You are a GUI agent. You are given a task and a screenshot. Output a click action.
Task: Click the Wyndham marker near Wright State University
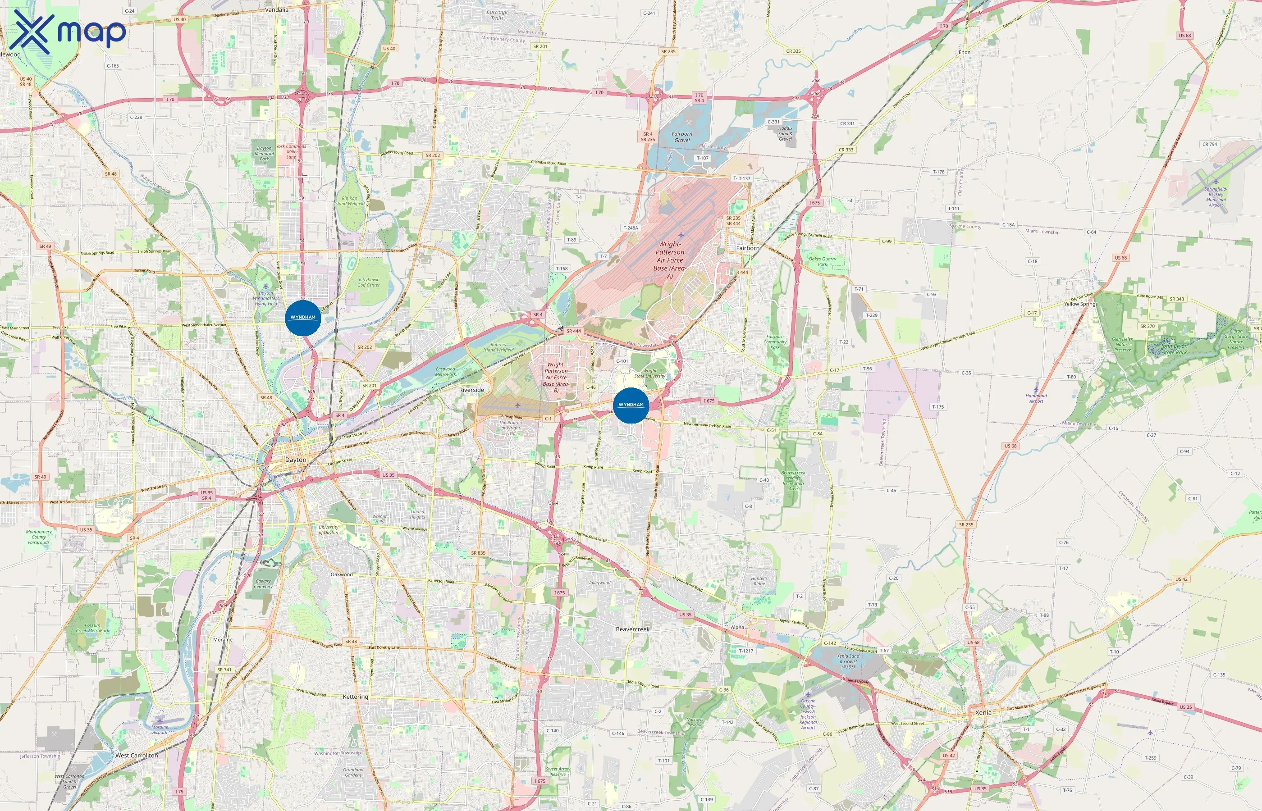point(631,405)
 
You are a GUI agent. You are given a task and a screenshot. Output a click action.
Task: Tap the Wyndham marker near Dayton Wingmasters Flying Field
point(303,318)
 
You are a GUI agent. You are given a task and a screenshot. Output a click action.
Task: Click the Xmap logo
point(68,32)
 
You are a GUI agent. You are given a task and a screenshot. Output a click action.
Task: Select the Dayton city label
point(296,460)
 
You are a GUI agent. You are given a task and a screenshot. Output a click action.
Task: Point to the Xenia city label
point(983,712)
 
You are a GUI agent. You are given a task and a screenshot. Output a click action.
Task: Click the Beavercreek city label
point(633,629)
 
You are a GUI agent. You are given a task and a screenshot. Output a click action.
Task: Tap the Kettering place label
point(356,697)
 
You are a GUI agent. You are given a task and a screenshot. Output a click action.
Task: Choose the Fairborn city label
point(748,248)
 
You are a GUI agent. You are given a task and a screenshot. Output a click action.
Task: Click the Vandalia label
point(277,9)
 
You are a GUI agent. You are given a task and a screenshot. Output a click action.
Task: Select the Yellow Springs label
point(1081,304)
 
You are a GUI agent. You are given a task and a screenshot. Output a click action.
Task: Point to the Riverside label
point(471,390)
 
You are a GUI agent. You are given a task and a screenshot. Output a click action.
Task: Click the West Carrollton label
point(137,755)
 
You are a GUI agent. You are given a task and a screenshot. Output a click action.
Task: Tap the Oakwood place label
point(341,574)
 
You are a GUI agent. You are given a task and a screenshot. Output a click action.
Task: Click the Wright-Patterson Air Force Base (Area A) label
point(670,260)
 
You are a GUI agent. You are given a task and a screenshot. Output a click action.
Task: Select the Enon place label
point(965,52)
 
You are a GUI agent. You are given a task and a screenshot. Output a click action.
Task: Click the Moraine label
point(223,640)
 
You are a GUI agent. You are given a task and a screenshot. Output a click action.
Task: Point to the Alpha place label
point(737,627)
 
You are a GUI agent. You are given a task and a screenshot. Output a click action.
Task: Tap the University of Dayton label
point(329,530)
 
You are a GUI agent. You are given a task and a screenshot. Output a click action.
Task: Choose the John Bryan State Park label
point(1174,349)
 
